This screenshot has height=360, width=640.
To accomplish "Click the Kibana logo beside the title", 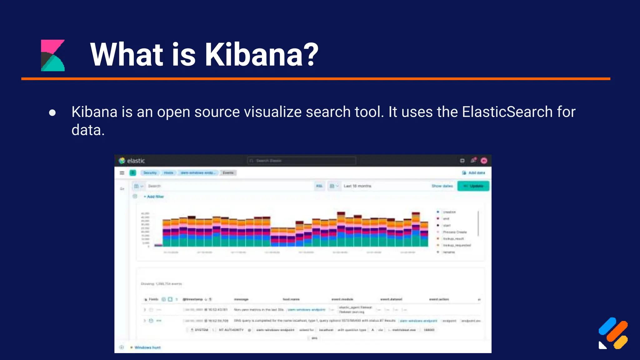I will pos(53,55).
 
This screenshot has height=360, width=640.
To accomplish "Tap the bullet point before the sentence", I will pos(52,112).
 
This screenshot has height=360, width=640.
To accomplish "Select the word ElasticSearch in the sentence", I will pos(507,112).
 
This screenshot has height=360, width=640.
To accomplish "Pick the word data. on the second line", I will pos(88,130).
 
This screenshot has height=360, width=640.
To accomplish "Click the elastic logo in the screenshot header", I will pos(132,161).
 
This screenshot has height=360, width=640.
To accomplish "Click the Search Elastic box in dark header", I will pos(301,161).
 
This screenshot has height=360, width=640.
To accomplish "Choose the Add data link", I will pos(474,173).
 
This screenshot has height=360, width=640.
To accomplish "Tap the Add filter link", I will pos(154,197).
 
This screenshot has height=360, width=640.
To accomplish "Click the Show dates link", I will pos(442,186).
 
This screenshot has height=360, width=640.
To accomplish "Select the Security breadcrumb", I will pos(150,173).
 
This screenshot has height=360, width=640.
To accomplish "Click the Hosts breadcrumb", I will pos(168,173).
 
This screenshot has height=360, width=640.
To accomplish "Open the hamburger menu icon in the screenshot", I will pos(122,173).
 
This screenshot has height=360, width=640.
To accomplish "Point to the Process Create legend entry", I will pos(455,232).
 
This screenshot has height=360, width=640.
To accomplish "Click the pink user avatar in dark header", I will pos(484,161).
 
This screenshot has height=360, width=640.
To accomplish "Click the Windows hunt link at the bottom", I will pos(147,347).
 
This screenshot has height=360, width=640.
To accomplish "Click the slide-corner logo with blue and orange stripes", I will pos(613,333).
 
